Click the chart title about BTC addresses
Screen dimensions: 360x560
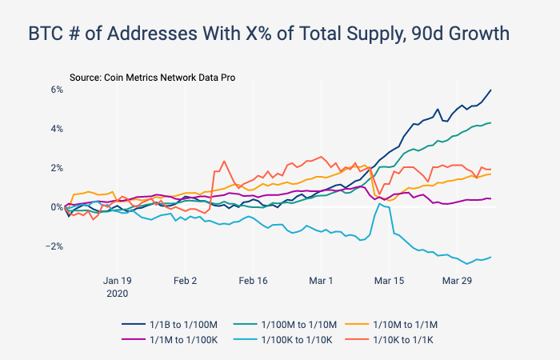[269, 35]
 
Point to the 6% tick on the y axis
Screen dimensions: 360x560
[57, 89]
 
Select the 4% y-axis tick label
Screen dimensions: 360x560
[57, 128]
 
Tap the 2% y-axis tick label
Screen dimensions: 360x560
[57, 167]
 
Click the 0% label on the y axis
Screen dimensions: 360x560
[57, 206]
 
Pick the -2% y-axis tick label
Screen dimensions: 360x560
[54, 246]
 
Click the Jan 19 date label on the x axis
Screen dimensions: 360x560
[117, 281]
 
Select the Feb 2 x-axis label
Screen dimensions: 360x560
[185, 281]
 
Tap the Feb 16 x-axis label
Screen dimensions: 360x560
[253, 281]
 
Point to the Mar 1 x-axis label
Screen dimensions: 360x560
[321, 281]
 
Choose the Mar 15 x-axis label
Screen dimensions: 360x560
[389, 281]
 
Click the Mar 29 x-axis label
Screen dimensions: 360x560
[457, 281]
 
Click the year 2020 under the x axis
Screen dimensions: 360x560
[117, 294]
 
